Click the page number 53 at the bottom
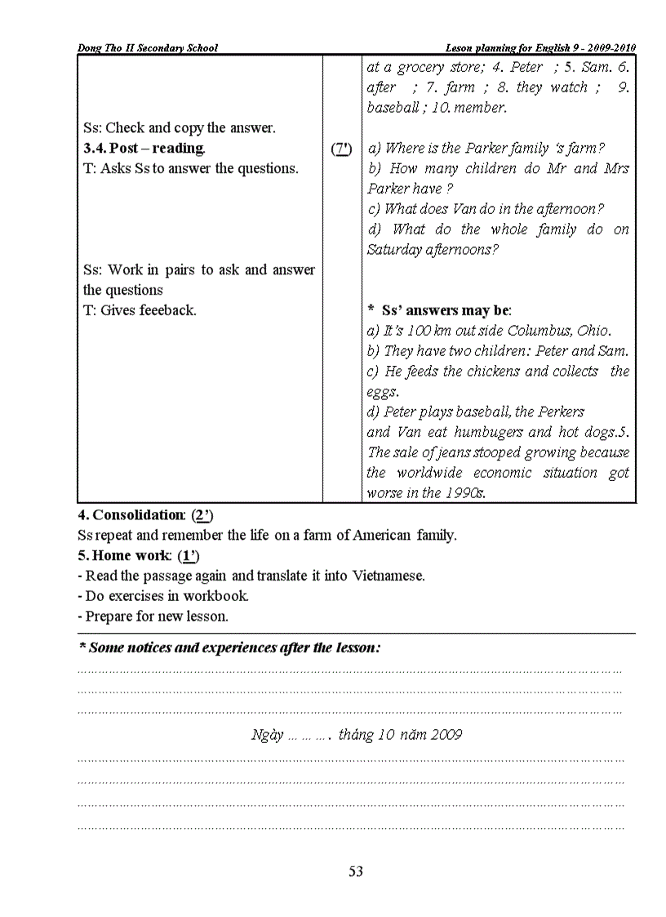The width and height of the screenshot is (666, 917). (x=356, y=871)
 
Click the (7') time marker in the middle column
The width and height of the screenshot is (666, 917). (x=342, y=149)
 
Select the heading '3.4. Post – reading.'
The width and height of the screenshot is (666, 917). (x=144, y=148)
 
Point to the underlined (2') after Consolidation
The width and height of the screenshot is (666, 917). (x=202, y=515)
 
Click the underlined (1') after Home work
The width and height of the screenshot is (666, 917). (x=189, y=556)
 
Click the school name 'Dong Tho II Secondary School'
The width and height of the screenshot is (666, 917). (x=148, y=48)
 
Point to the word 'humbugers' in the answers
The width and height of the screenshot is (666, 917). (x=489, y=432)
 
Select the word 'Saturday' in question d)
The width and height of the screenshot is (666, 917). (x=394, y=250)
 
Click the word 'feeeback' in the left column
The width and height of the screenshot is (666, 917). (x=166, y=310)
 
